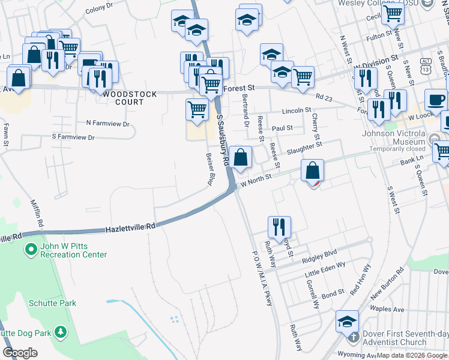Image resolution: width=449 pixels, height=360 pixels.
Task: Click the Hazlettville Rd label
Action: click(x=131, y=228)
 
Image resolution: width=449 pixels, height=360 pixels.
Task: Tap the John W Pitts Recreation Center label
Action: click(x=73, y=250)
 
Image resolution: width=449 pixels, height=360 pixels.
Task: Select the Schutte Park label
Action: click(x=52, y=303)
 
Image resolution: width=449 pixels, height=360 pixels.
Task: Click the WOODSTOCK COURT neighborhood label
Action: click(x=130, y=98)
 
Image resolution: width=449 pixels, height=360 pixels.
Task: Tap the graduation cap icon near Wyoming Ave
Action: click(x=347, y=322)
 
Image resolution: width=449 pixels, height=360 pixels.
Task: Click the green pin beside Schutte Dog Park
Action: click(x=60, y=331)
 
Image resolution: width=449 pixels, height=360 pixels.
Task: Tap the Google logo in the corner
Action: click(x=20, y=353)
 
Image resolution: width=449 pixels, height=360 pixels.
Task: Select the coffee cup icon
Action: click(x=436, y=99)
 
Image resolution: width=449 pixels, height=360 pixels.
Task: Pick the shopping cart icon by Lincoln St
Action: click(x=197, y=109)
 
